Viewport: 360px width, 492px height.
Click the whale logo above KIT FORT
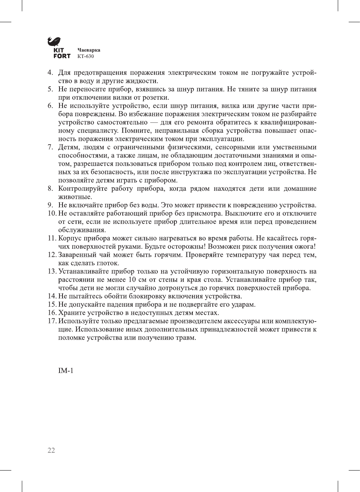pyautogui.click(x=54, y=41)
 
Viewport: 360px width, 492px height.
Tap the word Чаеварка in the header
pyautogui.click(x=89, y=50)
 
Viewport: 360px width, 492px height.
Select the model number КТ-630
pyautogui.click(x=85, y=56)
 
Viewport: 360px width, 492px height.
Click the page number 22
pyautogui.click(x=51, y=451)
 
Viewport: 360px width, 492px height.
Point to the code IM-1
pyautogui.click(x=66, y=371)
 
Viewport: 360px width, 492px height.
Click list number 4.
pyautogui.click(x=50, y=73)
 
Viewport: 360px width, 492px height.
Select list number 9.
pyautogui.click(x=50, y=205)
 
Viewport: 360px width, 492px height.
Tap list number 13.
pyautogui.click(x=52, y=271)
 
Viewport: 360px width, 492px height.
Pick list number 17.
pyautogui.click(x=52, y=321)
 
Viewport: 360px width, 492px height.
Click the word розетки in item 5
pyautogui.click(x=156, y=97)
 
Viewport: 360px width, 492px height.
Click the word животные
pyautogui.click(x=75, y=197)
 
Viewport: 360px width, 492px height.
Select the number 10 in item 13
pyautogui.click(x=132, y=280)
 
